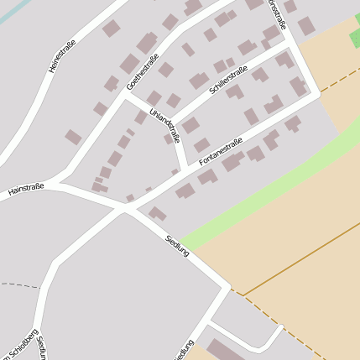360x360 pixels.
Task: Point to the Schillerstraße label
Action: point(226,81)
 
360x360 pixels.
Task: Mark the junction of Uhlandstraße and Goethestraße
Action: point(125,95)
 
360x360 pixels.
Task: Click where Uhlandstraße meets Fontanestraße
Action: point(184,171)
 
